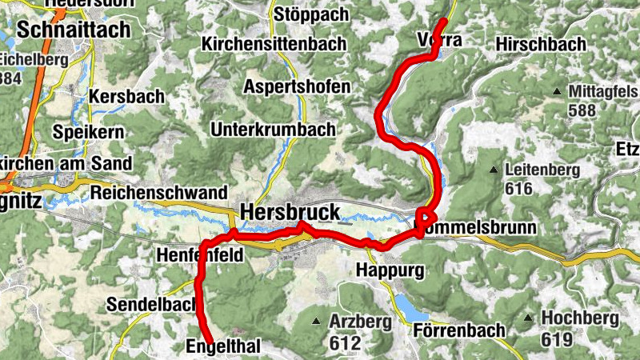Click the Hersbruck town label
click(289, 213)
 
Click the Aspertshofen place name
click(298, 86)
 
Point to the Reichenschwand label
click(159, 192)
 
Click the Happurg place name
click(390, 270)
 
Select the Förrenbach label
click(459, 330)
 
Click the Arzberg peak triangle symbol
click(318, 321)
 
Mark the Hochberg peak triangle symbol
click(528, 318)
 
